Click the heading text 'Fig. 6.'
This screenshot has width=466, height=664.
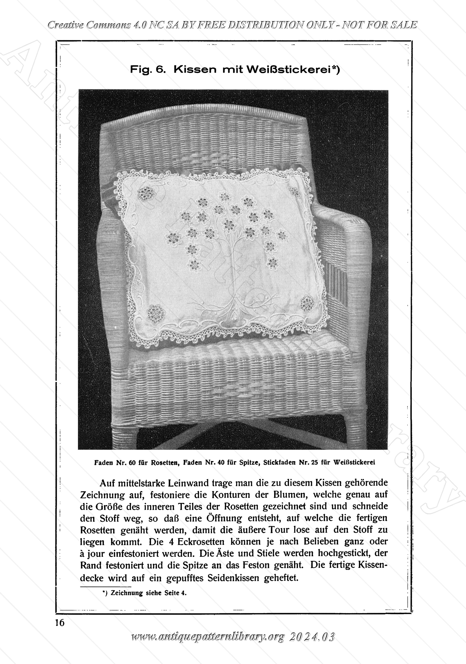148,70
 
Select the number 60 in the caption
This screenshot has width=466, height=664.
132,462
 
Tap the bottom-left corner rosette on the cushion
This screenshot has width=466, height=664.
155,314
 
